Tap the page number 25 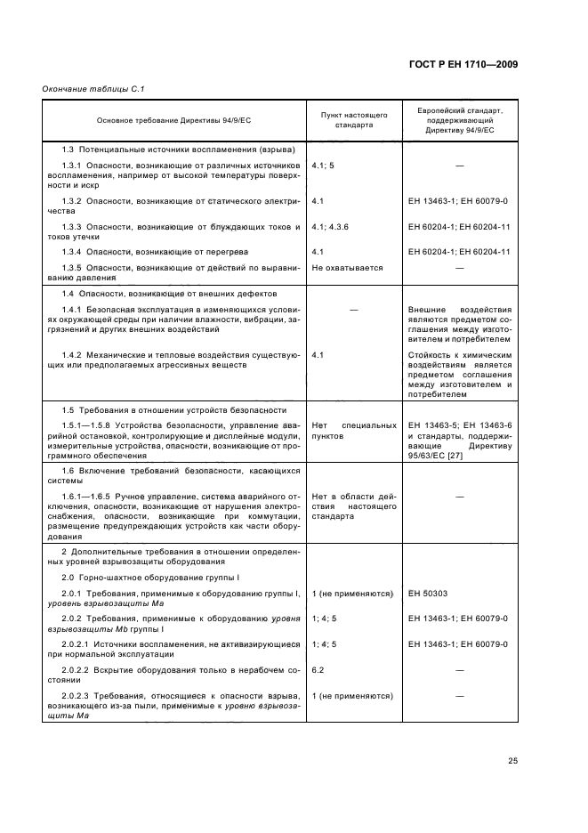(513, 760)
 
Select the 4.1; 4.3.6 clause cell (331, 228)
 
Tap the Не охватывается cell (347, 267)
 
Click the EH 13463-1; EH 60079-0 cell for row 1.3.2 (456, 202)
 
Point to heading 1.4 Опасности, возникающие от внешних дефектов (165, 294)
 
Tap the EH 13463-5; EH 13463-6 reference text (459, 425)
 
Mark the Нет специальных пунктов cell (353, 431)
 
